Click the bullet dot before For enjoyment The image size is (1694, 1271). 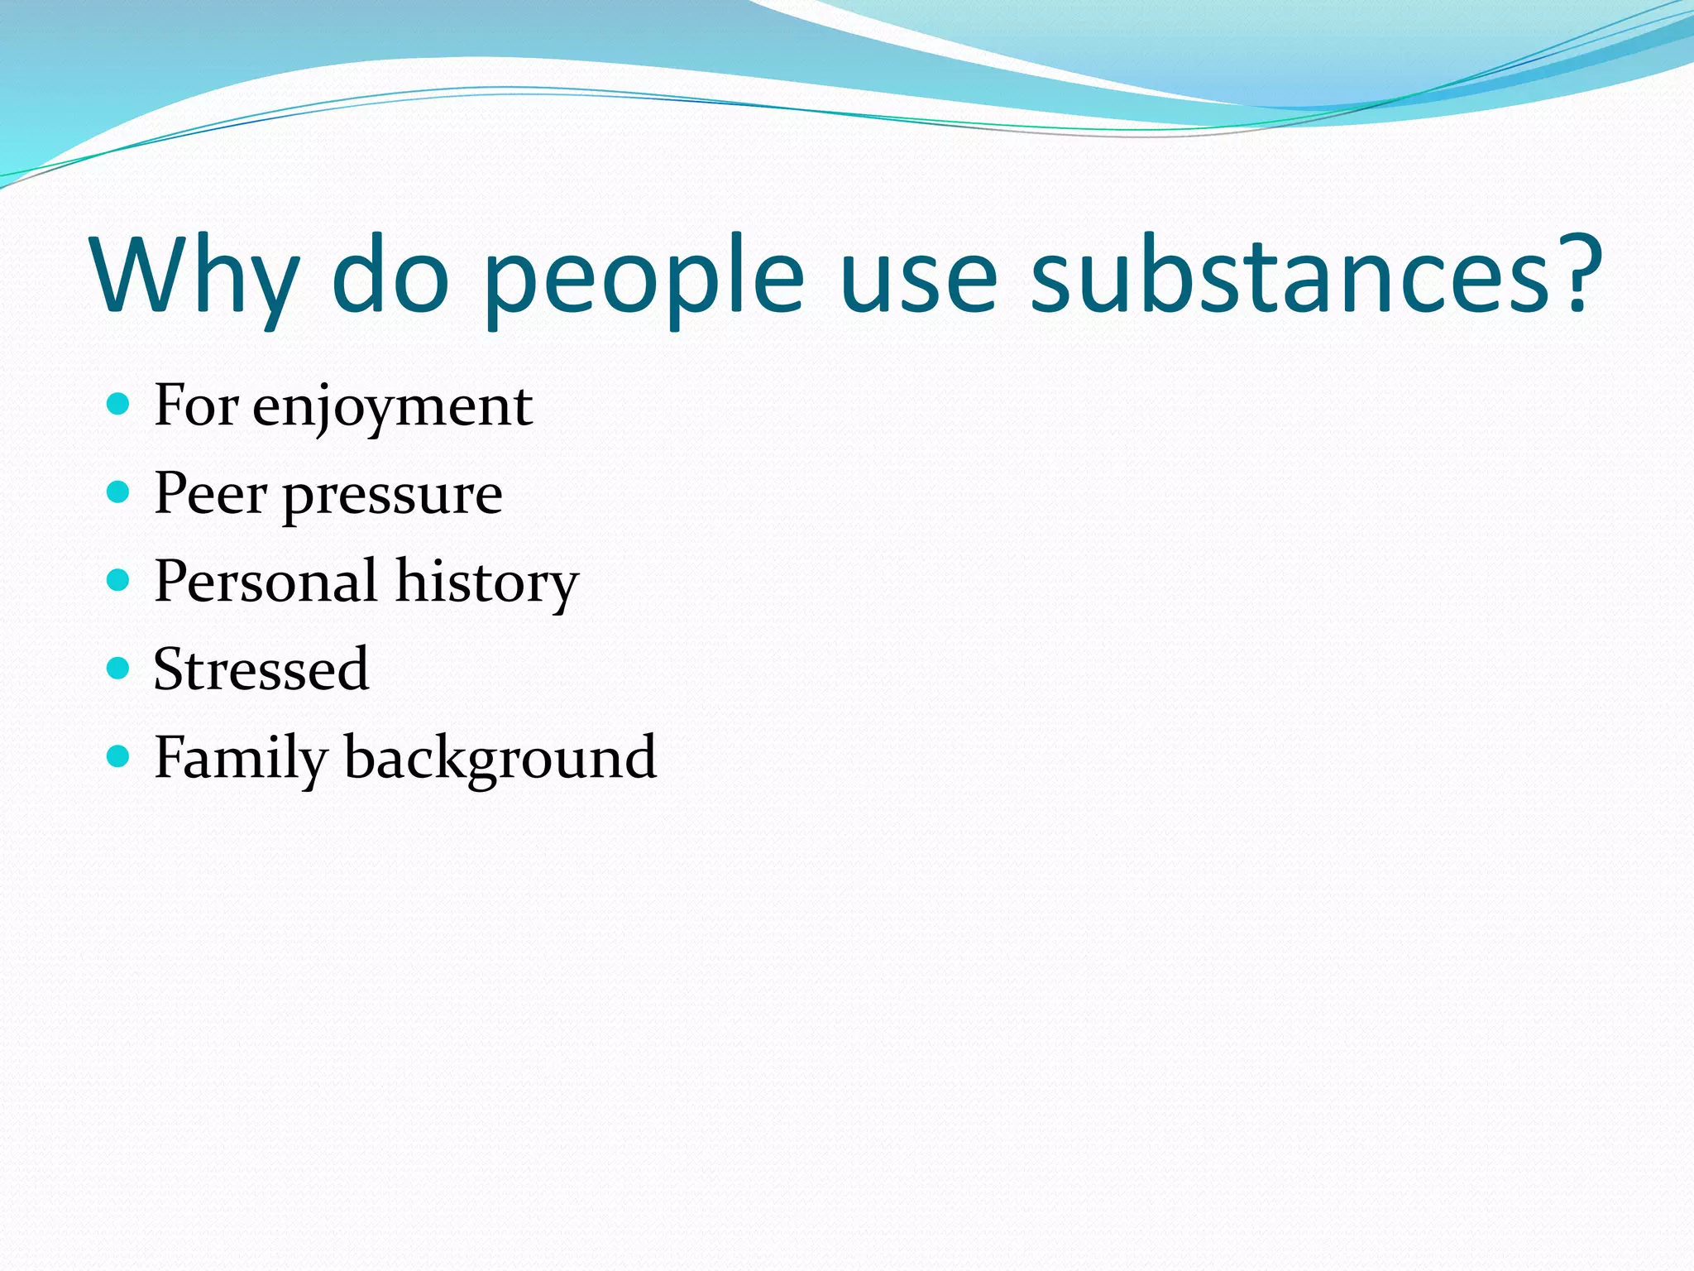click(119, 405)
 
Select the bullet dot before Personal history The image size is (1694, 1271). click(119, 580)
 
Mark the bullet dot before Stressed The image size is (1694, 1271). click(119, 668)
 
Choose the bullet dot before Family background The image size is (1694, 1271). click(119, 755)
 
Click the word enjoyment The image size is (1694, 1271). click(392, 408)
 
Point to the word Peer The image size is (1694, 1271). click(211, 494)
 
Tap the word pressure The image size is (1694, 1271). click(392, 496)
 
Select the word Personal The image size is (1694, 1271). click(266, 581)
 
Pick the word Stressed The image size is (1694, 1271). click(261, 669)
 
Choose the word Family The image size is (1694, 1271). click(241, 758)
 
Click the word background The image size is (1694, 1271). click(500, 758)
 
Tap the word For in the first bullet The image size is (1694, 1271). click(196, 406)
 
